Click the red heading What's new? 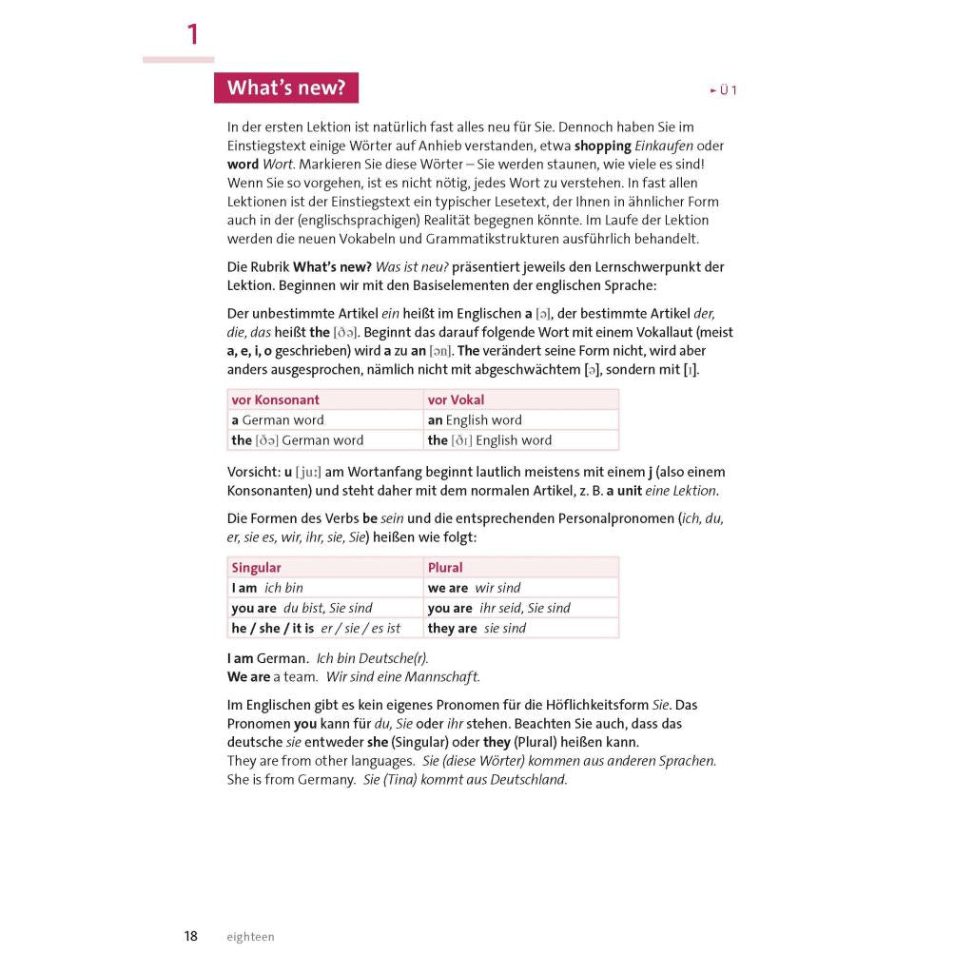[x=286, y=88]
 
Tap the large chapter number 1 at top [x=193, y=35]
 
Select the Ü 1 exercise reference [x=724, y=90]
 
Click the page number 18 [x=191, y=936]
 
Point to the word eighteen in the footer [x=250, y=937]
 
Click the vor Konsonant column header [x=276, y=399]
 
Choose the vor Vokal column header [x=456, y=399]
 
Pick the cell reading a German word [x=278, y=419]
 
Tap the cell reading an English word [x=475, y=419]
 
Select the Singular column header [x=256, y=568]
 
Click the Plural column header [x=445, y=568]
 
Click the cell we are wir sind [x=474, y=588]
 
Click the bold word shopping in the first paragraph [x=603, y=146]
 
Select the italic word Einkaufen [x=666, y=146]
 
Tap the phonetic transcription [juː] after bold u [x=308, y=472]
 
